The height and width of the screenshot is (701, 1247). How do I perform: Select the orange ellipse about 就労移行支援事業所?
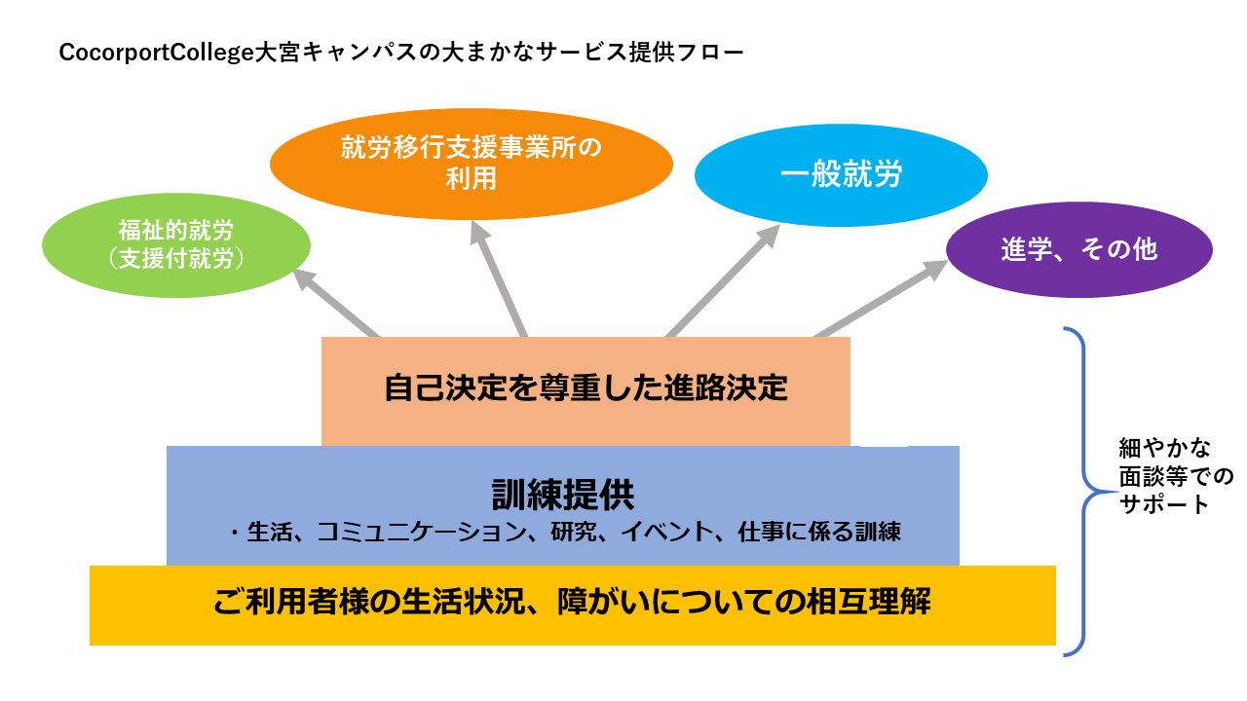(x=472, y=163)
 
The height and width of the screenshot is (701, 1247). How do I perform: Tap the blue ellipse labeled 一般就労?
(x=841, y=175)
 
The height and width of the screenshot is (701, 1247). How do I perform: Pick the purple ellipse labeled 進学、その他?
(x=1079, y=249)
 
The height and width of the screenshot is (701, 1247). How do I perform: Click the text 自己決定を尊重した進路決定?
(x=586, y=389)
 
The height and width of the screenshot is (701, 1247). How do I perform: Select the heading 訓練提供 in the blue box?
(x=563, y=495)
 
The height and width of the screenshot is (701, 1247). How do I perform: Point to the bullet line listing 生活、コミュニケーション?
(x=563, y=533)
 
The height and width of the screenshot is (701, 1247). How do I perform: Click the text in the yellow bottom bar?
(x=572, y=603)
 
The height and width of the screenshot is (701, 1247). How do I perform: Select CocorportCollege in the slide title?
(x=155, y=52)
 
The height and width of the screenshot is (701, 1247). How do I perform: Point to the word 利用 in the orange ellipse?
(x=472, y=178)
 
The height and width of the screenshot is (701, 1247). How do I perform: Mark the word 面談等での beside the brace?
(x=1176, y=476)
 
